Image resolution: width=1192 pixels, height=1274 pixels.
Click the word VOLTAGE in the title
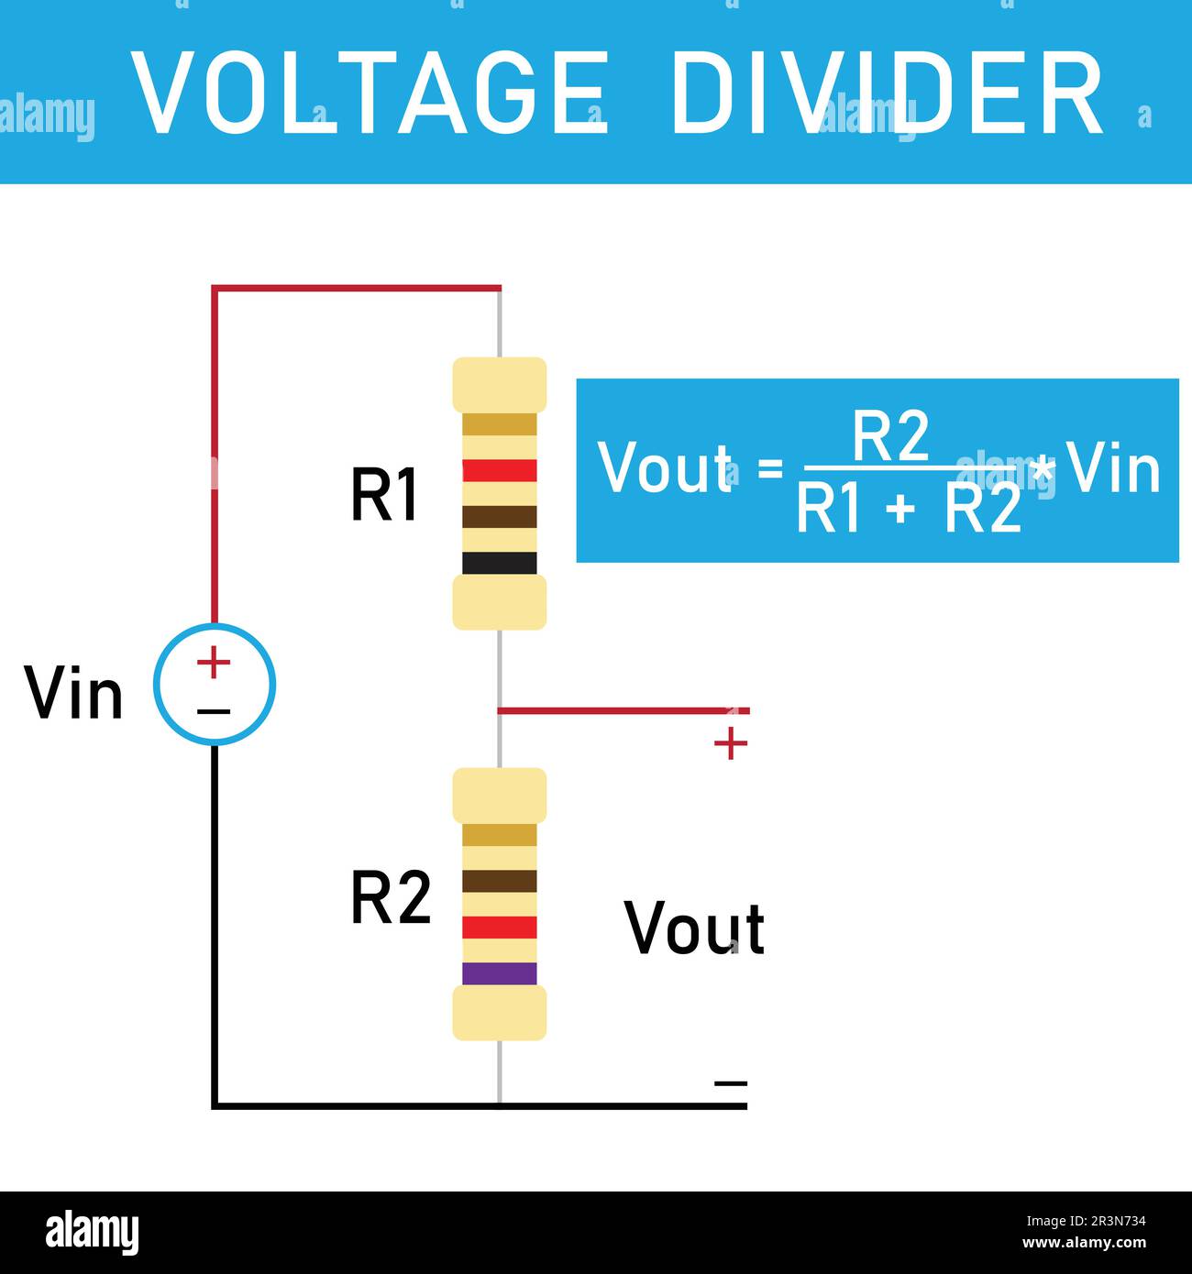pos(370,93)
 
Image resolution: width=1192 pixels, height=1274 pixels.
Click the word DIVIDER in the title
pos(887,93)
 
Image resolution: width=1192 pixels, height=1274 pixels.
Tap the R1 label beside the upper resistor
pos(384,496)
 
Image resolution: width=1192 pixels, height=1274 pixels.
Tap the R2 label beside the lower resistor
pos(391,899)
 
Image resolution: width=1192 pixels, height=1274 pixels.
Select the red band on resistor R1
pos(499,471)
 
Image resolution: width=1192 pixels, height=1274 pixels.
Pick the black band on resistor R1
pos(499,563)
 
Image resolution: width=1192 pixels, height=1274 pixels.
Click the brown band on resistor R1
pos(499,517)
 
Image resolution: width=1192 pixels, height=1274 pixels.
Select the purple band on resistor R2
pos(499,973)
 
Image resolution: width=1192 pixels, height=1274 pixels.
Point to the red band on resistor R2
pos(499,928)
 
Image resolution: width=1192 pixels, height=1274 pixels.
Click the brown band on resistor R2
pos(499,881)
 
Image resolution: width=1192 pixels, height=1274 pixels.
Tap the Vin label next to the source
pos(73,694)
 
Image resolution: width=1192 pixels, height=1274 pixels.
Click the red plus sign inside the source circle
pos(214,662)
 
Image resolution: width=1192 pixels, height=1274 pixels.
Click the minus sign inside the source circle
pos(214,711)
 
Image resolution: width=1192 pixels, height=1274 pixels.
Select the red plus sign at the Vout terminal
pos(730,743)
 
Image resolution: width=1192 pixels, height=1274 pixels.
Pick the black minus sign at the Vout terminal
pos(730,1083)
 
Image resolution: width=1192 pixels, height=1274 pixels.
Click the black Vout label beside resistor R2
pos(694,928)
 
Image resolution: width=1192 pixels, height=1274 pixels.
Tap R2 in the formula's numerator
pos(890,437)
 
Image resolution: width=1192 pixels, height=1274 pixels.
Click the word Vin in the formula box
pos(1114,468)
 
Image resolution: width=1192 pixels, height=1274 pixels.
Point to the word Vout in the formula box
pos(666,468)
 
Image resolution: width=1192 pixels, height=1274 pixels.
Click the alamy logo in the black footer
pos(92,1233)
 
